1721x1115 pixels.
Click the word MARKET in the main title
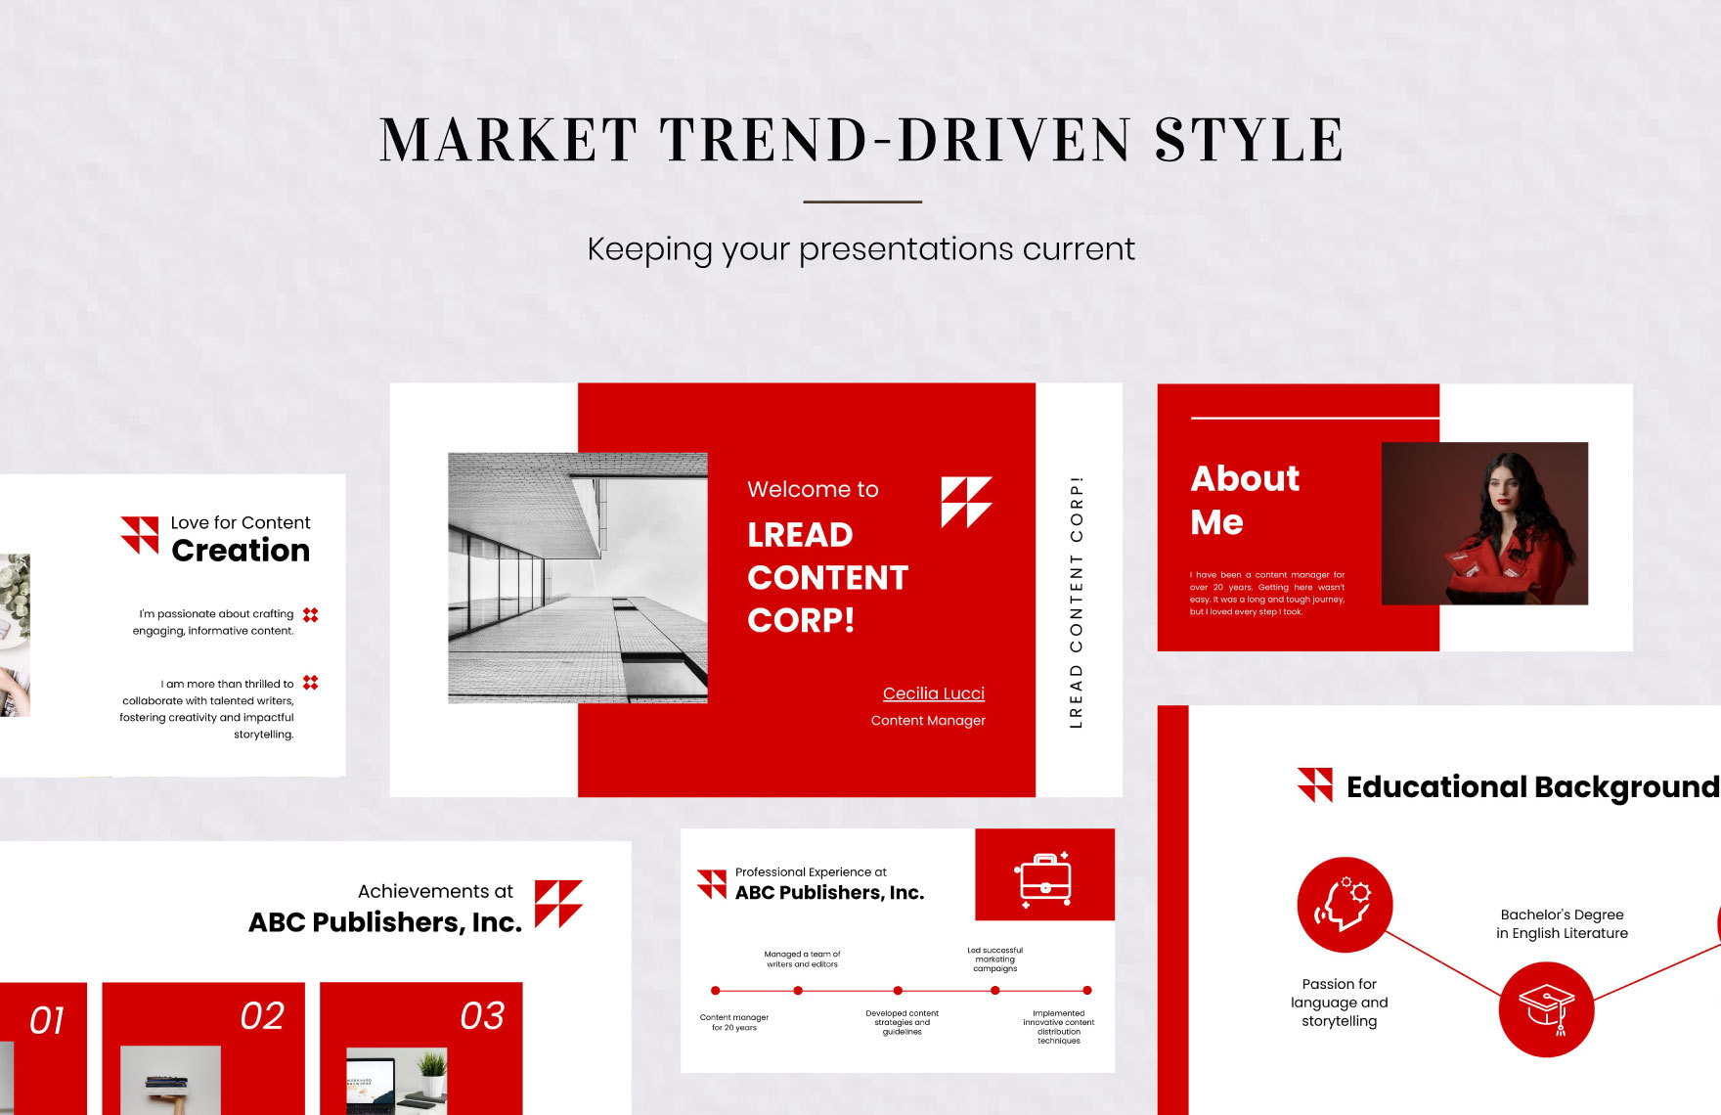point(508,140)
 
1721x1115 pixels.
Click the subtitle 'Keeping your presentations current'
point(860,249)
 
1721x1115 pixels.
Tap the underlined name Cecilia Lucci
point(933,693)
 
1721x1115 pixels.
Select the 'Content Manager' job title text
point(928,721)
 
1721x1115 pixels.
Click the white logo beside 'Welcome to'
point(966,502)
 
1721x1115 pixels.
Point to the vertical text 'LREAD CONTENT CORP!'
point(1076,602)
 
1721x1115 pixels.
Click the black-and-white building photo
point(577,577)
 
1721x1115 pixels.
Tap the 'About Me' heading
point(1244,500)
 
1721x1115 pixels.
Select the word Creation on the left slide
point(241,551)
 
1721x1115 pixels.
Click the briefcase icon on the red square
point(1044,877)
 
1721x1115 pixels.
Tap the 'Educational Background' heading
point(1531,787)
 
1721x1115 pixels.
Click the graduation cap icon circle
point(1546,1008)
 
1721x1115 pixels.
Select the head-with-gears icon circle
point(1345,905)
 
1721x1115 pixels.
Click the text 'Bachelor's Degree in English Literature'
point(1562,924)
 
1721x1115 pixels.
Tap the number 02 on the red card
point(262,1016)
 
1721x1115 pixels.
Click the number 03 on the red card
point(482,1016)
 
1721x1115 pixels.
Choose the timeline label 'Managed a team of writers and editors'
point(802,959)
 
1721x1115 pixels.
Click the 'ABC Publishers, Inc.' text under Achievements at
point(385,922)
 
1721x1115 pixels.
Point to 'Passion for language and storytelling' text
point(1339,1003)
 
